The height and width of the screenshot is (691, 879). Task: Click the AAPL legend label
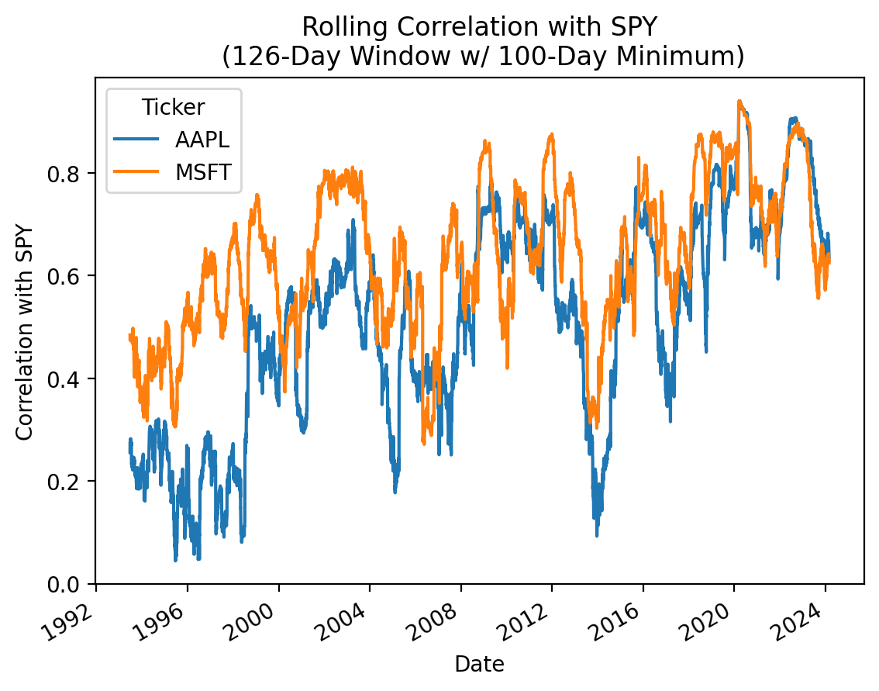point(202,140)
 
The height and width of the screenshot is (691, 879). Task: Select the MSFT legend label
point(204,172)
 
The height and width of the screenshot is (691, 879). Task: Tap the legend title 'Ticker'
point(174,109)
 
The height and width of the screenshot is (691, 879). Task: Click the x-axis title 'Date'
point(479,664)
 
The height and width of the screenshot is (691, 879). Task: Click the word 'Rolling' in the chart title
point(335,27)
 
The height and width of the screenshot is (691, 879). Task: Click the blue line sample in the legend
point(137,140)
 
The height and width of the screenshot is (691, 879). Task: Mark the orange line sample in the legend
point(137,172)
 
